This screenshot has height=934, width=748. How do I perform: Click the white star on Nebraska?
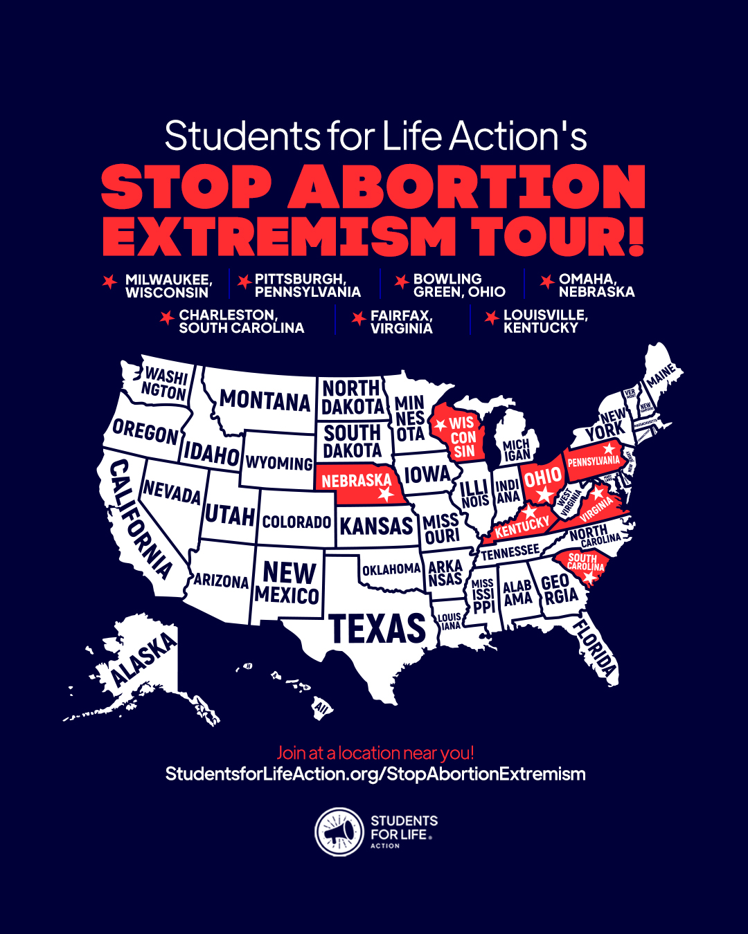(386, 495)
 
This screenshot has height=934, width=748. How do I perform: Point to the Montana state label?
(265, 401)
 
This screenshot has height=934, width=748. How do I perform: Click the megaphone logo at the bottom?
(339, 832)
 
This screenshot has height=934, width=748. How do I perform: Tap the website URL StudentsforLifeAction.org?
(375, 773)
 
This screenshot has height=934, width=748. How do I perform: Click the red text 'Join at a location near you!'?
(375, 753)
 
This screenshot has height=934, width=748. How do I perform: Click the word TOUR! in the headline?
(559, 237)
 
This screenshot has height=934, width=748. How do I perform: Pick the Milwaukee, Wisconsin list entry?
(168, 286)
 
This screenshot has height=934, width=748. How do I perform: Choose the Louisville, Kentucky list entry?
(546, 322)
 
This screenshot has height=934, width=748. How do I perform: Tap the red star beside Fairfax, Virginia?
(358, 318)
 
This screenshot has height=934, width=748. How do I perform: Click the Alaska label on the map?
(144, 659)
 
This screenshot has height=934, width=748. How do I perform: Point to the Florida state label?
(595, 647)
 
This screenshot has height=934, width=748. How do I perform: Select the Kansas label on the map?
(376, 526)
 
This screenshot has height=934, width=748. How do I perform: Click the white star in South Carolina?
(589, 576)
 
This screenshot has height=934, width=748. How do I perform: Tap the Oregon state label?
(145, 432)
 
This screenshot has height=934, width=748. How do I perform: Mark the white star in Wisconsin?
(440, 425)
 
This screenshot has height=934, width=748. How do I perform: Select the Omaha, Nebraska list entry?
(596, 285)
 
